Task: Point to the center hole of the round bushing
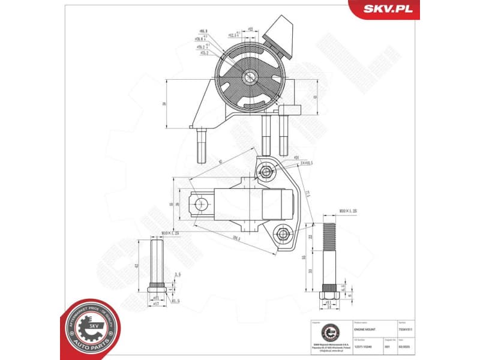pyautogui.click(x=250, y=76)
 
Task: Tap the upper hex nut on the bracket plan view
pyautogui.click(x=266, y=173)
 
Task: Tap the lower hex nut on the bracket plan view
pyautogui.click(x=281, y=233)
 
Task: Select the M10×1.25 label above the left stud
pyautogui.click(x=170, y=232)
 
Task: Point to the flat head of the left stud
pyautogui.click(x=157, y=290)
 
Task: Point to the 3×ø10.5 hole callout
pyautogui.click(x=307, y=163)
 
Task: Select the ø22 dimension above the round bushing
pyautogui.click(x=250, y=29)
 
